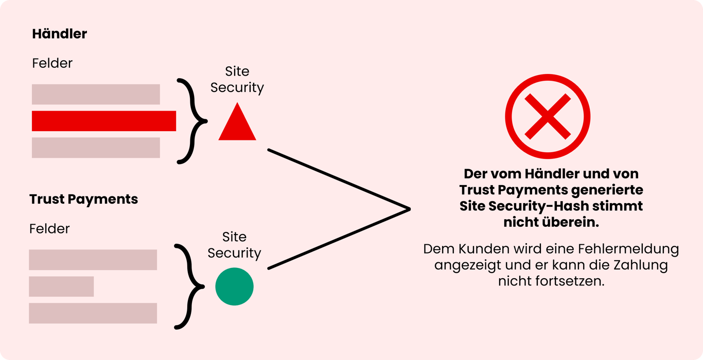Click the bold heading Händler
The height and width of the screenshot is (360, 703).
59,34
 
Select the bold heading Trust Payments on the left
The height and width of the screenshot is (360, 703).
83,199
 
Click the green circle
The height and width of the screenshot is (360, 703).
234,286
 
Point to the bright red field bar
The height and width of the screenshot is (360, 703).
104,121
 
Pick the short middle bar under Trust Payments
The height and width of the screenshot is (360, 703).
61,286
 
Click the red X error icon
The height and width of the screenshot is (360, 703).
547,116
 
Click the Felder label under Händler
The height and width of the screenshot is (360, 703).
52,63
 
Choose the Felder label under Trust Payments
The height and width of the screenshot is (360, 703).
49,228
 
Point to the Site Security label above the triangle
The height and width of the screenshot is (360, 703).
237,80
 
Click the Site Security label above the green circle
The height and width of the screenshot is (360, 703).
234,245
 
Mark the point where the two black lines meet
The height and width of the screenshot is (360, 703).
409,209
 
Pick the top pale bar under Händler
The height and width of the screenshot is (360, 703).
96,94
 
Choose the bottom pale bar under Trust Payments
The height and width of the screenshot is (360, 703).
93,313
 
